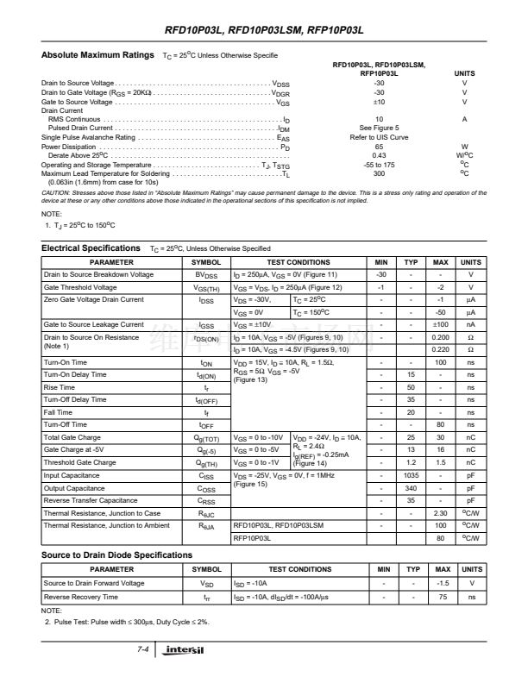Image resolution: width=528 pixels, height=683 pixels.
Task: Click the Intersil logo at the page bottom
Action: pyautogui.click(x=185, y=649)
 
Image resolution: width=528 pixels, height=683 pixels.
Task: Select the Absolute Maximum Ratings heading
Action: pyautogui.click(x=98, y=55)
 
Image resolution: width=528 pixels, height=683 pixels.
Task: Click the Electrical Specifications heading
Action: pyautogui.click(x=91, y=248)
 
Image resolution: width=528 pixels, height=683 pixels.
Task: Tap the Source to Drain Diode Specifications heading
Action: pyautogui.click(x=116, y=555)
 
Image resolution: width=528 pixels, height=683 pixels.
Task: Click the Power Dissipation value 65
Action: pyautogui.click(x=379, y=147)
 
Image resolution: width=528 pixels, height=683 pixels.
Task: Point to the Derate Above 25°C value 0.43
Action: pyautogui.click(x=379, y=155)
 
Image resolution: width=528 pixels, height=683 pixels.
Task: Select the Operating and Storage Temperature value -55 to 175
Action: pyautogui.click(x=379, y=164)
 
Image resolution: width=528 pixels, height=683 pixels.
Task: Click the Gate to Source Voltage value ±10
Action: pyautogui.click(x=379, y=102)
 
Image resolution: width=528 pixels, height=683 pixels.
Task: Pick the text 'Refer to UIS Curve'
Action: pyautogui.click(x=379, y=137)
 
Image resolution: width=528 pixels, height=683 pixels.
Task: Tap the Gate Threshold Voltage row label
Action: pyautogui.click(x=80, y=287)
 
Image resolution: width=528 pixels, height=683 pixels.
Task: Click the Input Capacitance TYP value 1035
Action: pyautogui.click(x=412, y=475)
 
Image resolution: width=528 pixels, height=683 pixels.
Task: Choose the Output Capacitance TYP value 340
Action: pyautogui.click(x=412, y=487)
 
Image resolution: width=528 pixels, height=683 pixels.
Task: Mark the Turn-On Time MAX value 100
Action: pyautogui.click(x=441, y=363)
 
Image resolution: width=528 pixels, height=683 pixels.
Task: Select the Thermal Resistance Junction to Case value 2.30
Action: pyautogui.click(x=441, y=512)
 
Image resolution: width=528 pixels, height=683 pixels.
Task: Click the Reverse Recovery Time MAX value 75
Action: pyautogui.click(x=441, y=596)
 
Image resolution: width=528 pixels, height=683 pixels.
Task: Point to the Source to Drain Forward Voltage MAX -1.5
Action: pyautogui.click(x=441, y=583)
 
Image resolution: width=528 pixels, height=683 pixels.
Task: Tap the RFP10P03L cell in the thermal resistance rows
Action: pyautogui.click(x=252, y=537)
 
